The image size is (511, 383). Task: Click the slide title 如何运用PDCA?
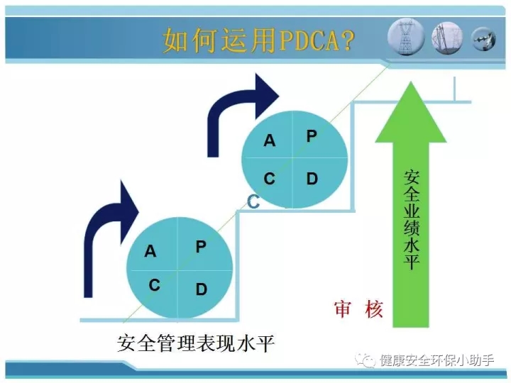[x=258, y=40]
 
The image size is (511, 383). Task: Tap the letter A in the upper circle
[x=270, y=140]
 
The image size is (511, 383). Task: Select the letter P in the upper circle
[x=312, y=135]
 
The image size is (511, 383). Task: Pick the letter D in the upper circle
[x=312, y=179]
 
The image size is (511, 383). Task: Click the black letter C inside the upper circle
[x=269, y=179]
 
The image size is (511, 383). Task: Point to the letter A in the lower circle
[x=150, y=251]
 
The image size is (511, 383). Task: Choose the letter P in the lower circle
[x=201, y=247]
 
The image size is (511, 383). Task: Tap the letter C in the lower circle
[x=154, y=285]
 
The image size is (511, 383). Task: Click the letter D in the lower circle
[x=202, y=289]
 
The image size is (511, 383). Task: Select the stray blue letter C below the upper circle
[x=253, y=201]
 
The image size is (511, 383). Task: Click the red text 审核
[x=358, y=309]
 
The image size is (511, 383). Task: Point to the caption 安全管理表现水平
[x=196, y=343]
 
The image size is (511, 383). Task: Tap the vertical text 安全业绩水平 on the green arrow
[x=411, y=219]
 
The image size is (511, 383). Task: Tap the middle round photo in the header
[x=447, y=38]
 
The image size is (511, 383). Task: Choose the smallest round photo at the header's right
[x=484, y=39]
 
